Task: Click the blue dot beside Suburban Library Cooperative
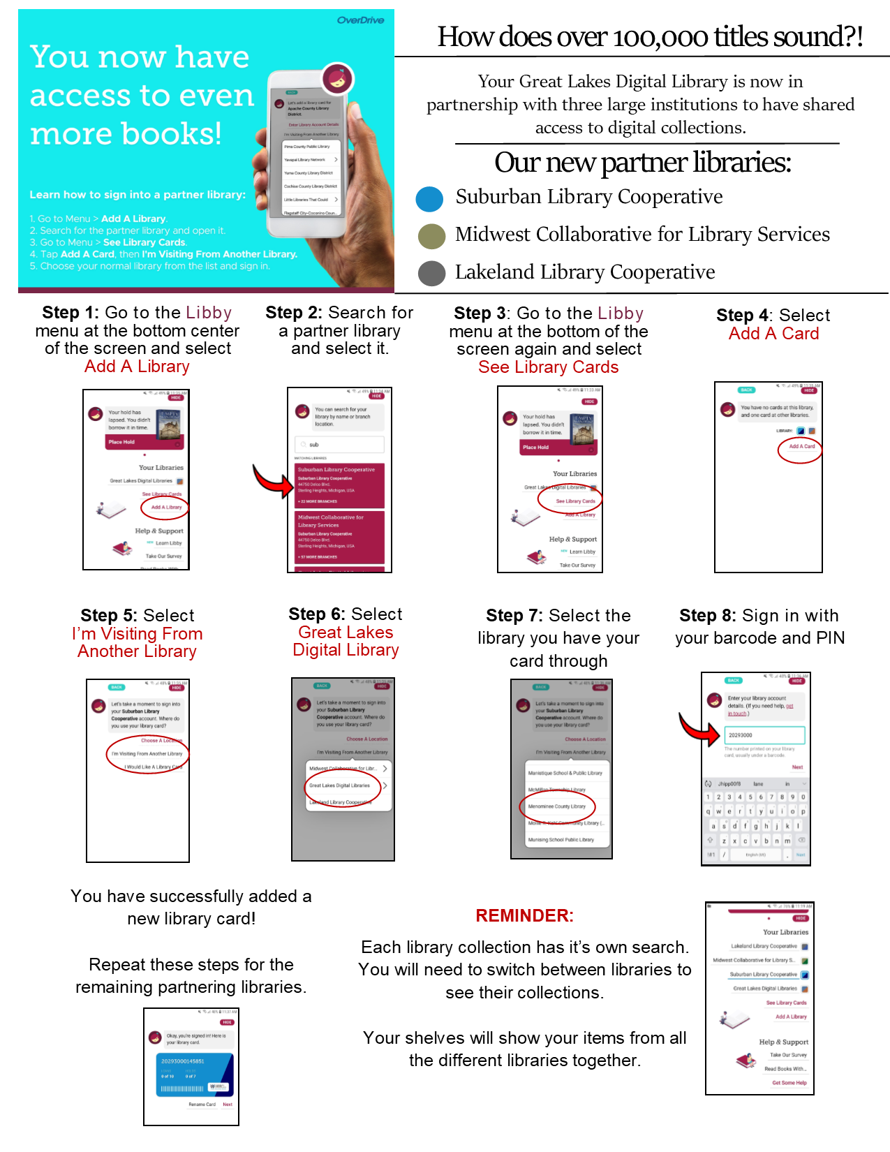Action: pyautogui.click(x=429, y=199)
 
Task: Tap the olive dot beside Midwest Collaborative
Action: pyautogui.click(x=431, y=237)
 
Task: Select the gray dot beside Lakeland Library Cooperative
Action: pyautogui.click(x=431, y=273)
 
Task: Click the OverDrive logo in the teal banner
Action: pyautogui.click(x=360, y=20)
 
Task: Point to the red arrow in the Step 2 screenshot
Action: pyautogui.click(x=272, y=482)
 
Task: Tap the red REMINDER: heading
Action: pyautogui.click(x=524, y=915)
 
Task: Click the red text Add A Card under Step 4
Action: pyautogui.click(x=773, y=334)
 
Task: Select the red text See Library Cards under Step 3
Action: pyautogui.click(x=548, y=367)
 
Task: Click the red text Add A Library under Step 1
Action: pyautogui.click(x=137, y=367)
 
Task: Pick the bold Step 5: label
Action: pyautogui.click(x=108, y=616)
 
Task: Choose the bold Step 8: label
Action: pyautogui.click(x=707, y=616)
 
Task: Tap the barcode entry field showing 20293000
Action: pyautogui.click(x=764, y=735)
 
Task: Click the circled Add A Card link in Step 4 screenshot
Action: pyautogui.click(x=801, y=446)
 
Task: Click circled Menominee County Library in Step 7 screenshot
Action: pyautogui.click(x=557, y=806)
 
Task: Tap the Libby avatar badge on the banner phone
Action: pyautogui.click(x=337, y=79)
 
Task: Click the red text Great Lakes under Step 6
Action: pyautogui.click(x=346, y=633)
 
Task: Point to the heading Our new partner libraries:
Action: pyautogui.click(x=643, y=163)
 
